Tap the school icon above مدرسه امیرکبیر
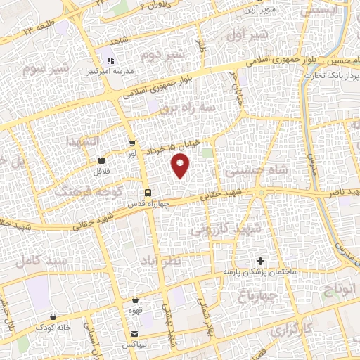pyautogui.click(x=110, y=60)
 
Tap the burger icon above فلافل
pyautogui.click(x=103, y=160)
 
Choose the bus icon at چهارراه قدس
pyautogui.click(x=148, y=192)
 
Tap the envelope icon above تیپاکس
pyautogui.click(x=134, y=334)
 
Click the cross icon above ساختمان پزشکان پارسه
pyautogui.click(x=261, y=261)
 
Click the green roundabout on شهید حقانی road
pyautogui.click(x=262, y=193)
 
